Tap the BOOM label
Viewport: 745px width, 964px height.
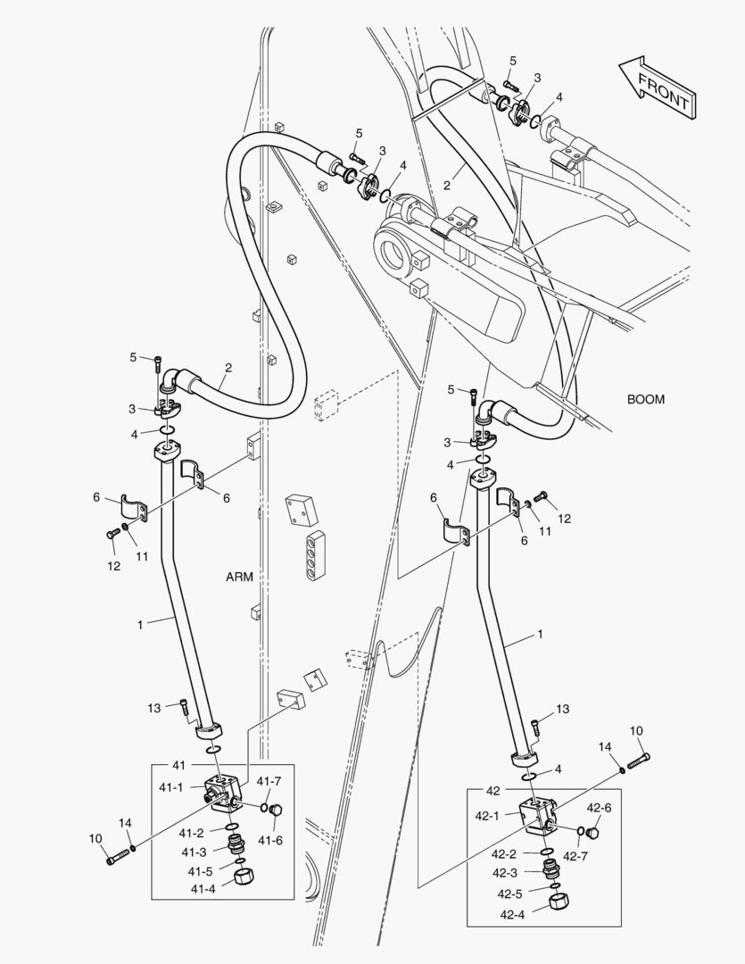point(645,399)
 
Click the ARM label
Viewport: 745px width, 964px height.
point(239,577)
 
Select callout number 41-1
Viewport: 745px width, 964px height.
point(171,787)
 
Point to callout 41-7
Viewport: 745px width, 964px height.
point(269,781)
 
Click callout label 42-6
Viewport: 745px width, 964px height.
point(599,808)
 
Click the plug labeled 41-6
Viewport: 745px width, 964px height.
point(275,810)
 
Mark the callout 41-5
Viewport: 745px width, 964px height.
point(200,871)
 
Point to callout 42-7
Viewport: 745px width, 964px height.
point(600,856)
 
